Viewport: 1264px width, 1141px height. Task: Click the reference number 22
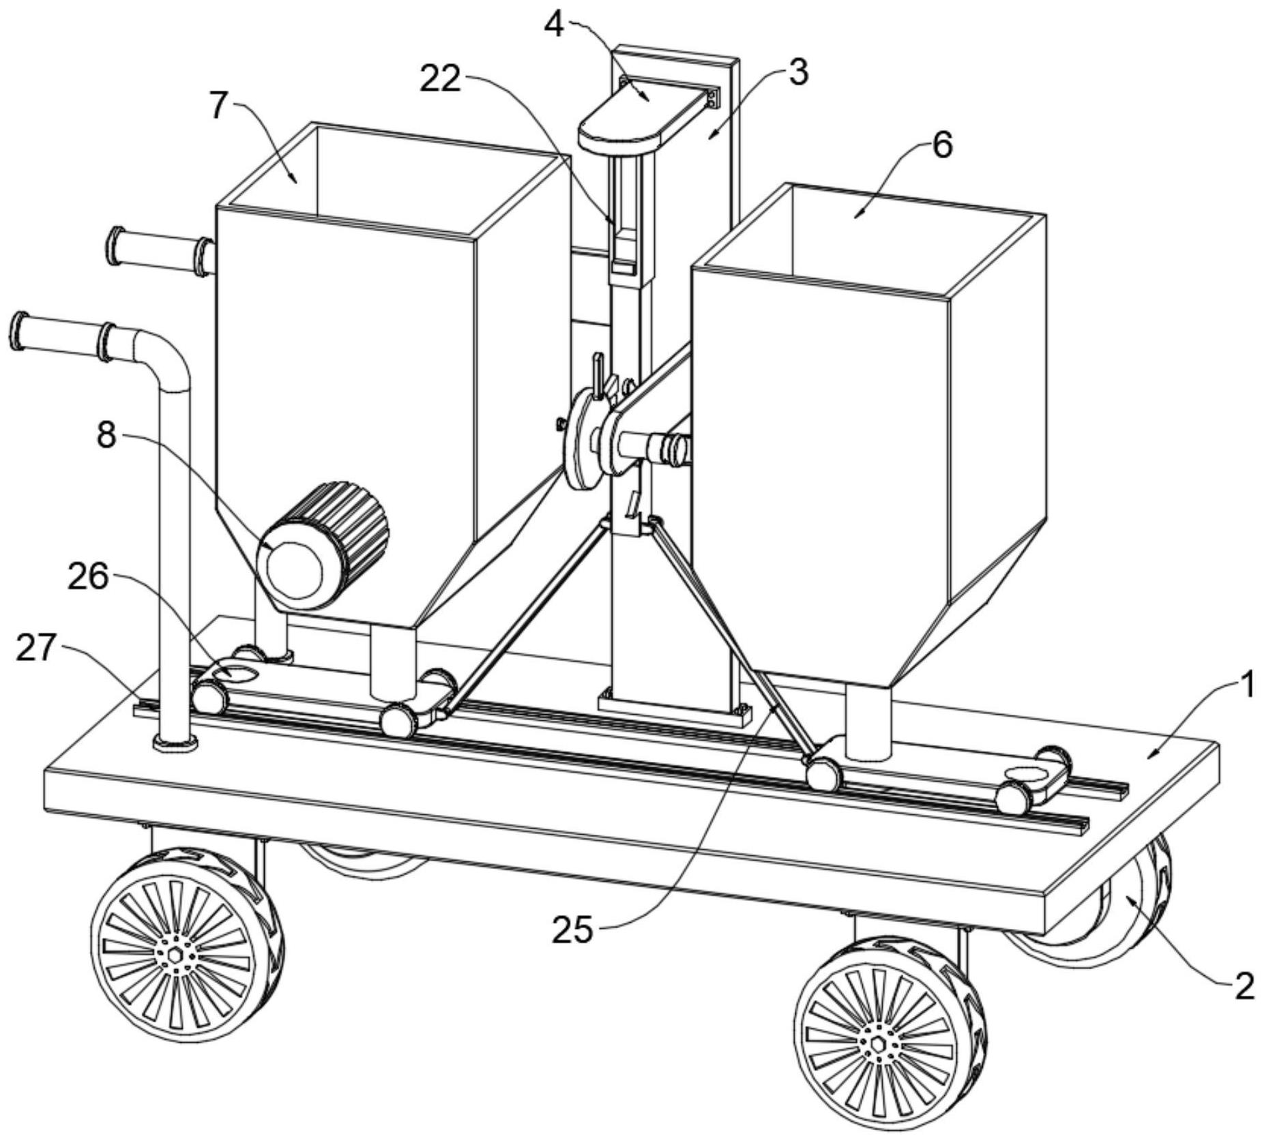(439, 79)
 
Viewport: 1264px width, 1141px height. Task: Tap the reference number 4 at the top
(554, 27)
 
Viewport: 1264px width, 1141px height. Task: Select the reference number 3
(797, 72)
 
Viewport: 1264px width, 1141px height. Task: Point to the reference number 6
(941, 145)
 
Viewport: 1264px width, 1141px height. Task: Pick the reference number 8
(106, 435)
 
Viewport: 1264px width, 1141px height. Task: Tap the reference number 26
(88, 578)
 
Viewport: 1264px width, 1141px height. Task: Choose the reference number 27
(35, 648)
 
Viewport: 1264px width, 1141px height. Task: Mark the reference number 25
(572, 929)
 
